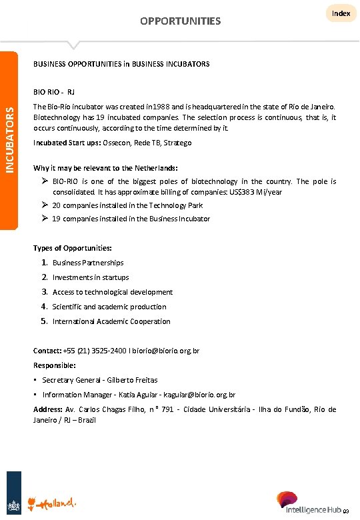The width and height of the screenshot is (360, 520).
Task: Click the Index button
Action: [x=341, y=13]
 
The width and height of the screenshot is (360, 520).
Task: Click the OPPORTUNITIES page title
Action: [x=180, y=21]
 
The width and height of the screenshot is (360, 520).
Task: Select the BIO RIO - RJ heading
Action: [x=53, y=91]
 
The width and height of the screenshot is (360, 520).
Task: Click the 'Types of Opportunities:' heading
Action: [x=72, y=248]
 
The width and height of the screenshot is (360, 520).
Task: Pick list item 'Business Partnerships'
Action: [x=88, y=263]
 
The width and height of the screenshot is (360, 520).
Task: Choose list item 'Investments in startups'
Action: [x=91, y=277]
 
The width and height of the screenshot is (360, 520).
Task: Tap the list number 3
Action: [x=43, y=292]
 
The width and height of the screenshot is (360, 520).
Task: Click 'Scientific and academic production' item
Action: [x=109, y=307]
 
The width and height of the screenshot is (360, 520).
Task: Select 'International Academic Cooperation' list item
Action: [x=111, y=321]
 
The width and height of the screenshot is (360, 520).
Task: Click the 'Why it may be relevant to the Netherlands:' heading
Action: [x=105, y=167]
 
